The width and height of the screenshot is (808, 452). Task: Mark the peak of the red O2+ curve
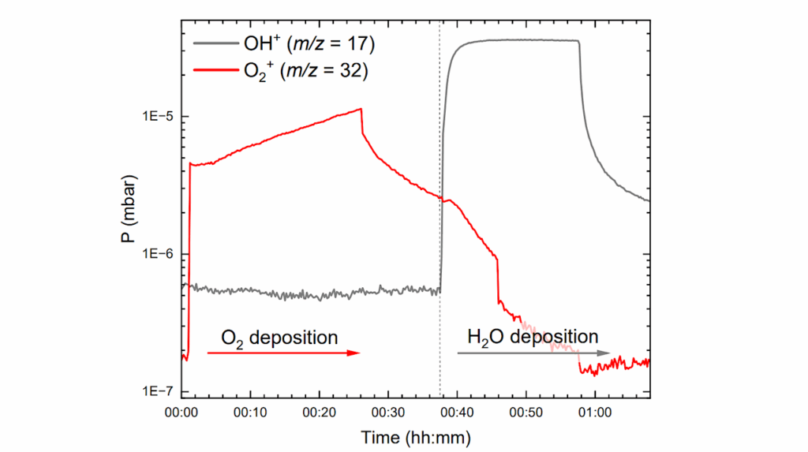[361, 109]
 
